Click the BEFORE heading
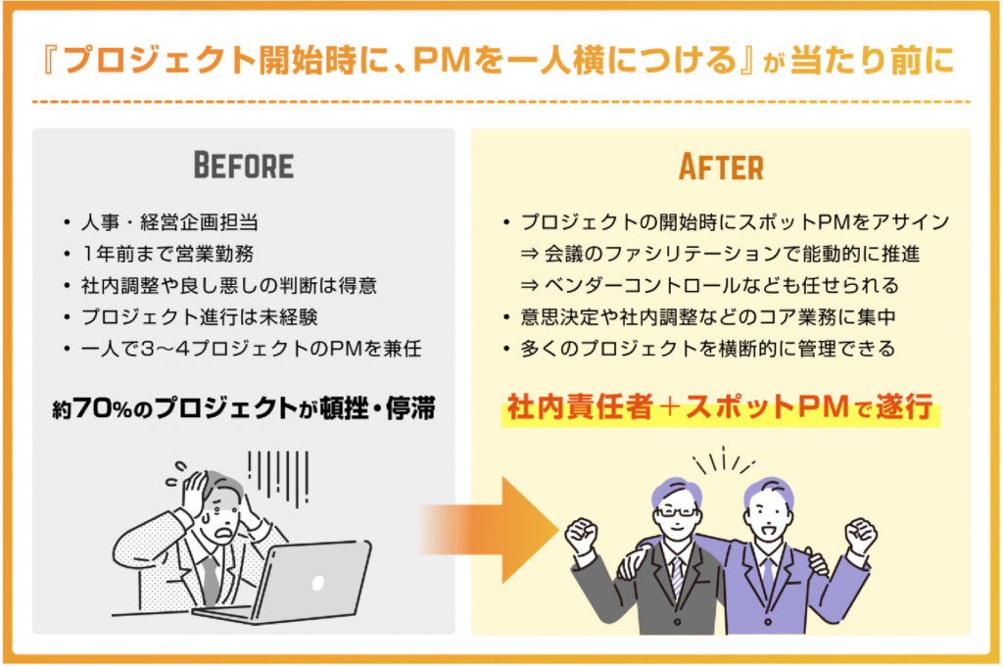[244, 166]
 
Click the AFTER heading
[721, 167]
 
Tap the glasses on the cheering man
[676, 510]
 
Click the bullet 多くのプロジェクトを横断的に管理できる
[721, 349]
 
